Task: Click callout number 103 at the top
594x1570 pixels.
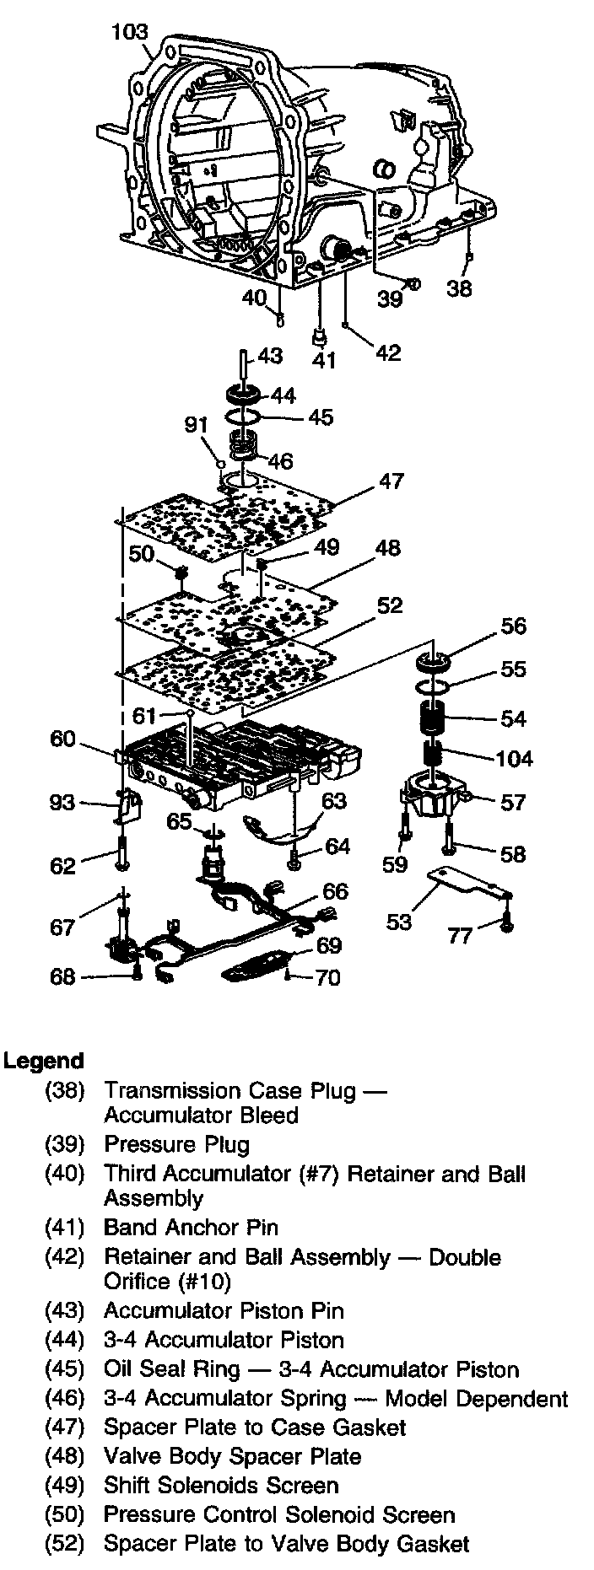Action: [129, 33]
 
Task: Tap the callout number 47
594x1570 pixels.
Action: [391, 482]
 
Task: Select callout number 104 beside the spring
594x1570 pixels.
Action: [514, 758]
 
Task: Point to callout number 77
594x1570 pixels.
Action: [459, 936]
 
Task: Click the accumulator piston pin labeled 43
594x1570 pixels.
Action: [242, 363]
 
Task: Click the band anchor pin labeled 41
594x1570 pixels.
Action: [319, 336]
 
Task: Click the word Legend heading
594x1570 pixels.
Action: [43, 1061]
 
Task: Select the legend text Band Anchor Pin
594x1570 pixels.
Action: [191, 1228]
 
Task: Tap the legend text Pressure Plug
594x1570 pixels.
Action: [176, 1144]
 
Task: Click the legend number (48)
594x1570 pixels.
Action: [65, 1456]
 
